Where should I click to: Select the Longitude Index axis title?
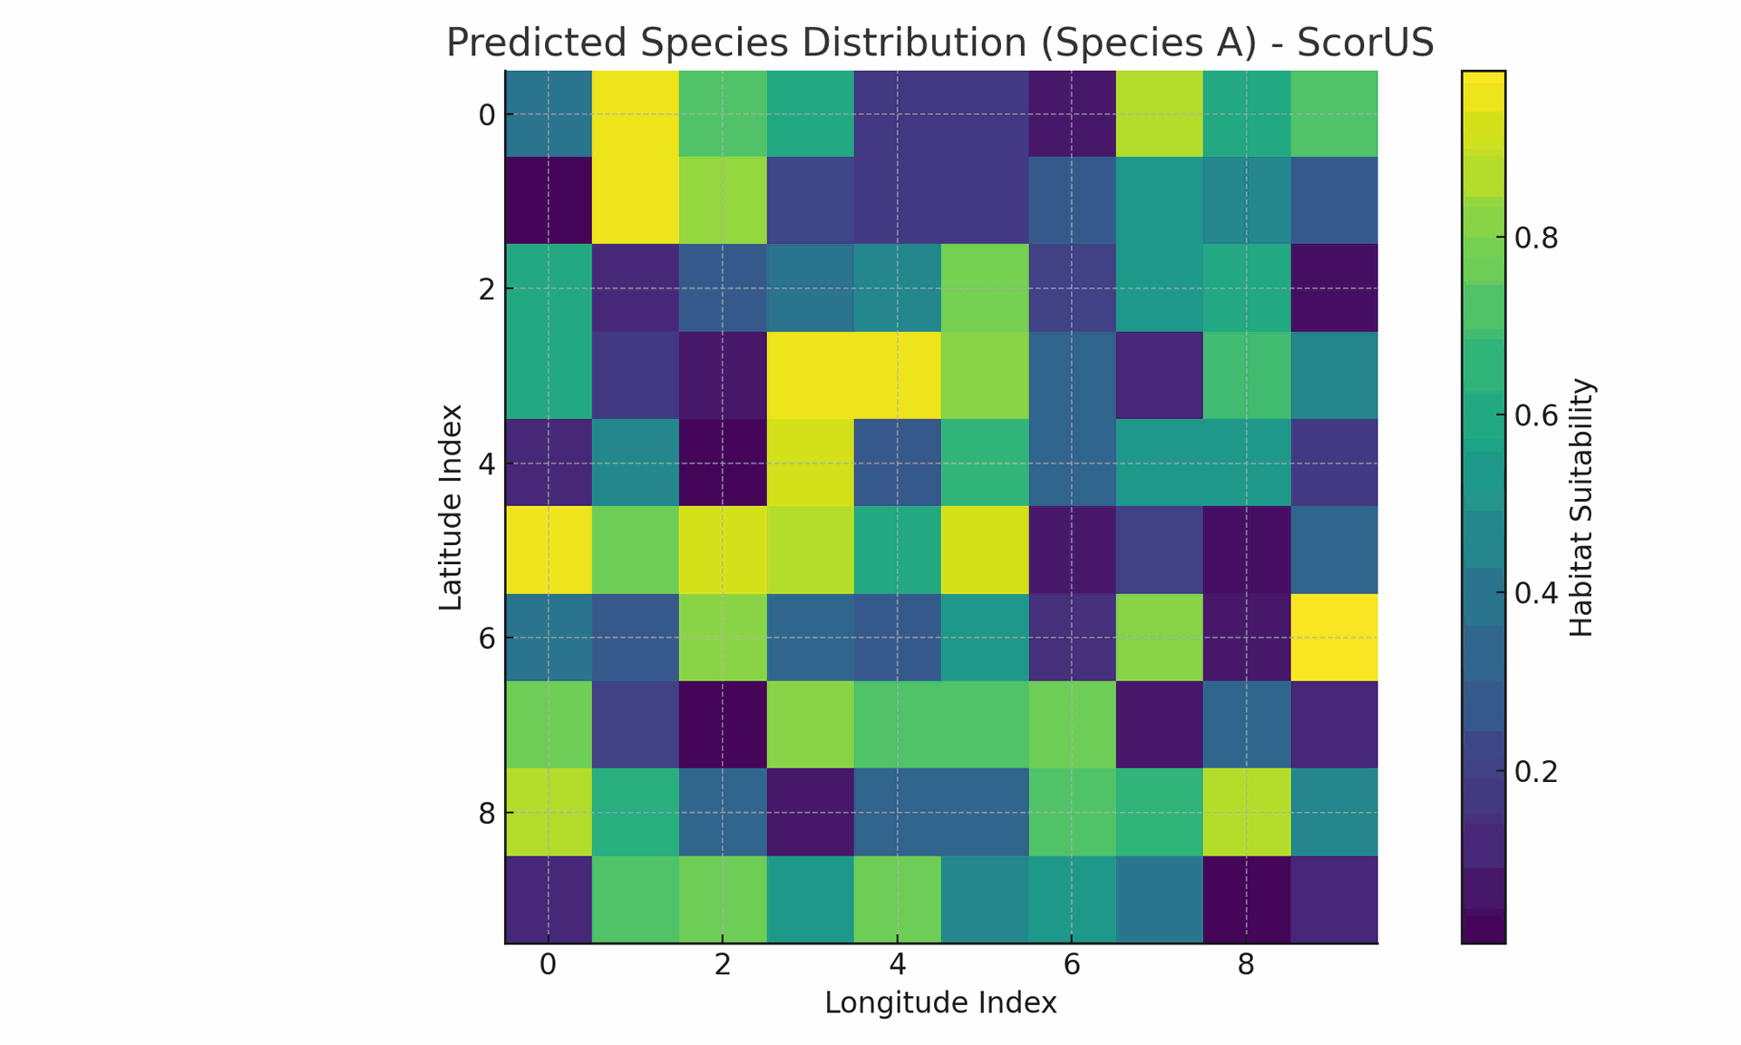tap(940, 1002)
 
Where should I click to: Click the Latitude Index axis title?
tap(451, 507)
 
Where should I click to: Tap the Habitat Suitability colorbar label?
tap(1581, 507)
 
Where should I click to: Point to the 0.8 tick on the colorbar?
tap(1536, 239)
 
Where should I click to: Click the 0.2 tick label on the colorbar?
tap(1536, 772)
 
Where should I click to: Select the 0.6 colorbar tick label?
tap(1536, 416)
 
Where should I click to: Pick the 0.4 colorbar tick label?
tap(1536, 594)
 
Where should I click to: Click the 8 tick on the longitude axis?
tap(1246, 965)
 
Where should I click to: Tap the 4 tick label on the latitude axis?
tap(486, 464)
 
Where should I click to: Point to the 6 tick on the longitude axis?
tap(1072, 965)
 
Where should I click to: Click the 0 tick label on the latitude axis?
tap(486, 115)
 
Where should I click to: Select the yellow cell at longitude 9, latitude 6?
tap(1334, 638)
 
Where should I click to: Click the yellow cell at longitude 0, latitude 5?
tap(548, 551)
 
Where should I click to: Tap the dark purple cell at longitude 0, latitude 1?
tap(548, 201)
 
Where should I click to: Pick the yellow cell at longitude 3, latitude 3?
tap(810, 376)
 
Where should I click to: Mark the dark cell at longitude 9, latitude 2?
tap(1334, 288)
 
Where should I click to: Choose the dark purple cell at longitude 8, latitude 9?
tap(1246, 900)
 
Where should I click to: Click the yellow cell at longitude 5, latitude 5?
tap(985, 551)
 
